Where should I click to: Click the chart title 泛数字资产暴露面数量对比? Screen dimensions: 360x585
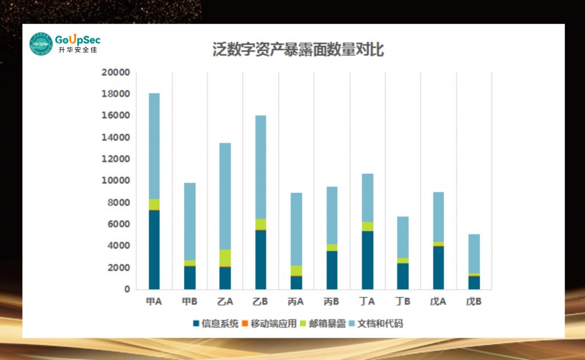[298, 50]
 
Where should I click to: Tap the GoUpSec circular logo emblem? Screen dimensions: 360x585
[41, 44]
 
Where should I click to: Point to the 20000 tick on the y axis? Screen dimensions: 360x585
[115, 73]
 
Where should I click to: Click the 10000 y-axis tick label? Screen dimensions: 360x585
[115, 181]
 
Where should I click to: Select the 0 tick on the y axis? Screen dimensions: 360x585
[127, 289]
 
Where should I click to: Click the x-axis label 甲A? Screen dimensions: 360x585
[154, 301]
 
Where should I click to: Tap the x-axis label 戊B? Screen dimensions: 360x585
[473, 301]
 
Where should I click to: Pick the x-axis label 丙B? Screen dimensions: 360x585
[331, 301]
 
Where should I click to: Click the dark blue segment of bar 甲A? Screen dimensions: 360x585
[154, 250]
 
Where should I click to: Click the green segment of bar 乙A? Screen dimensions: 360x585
[225, 258]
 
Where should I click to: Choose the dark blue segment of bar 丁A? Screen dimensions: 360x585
[367, 260]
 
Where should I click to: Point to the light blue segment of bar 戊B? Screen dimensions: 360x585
[473, 254]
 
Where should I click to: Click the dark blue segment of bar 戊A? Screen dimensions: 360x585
[438, 267]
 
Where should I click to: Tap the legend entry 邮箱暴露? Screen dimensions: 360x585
[323, 324]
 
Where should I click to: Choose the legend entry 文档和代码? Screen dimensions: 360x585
[375, 324]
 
